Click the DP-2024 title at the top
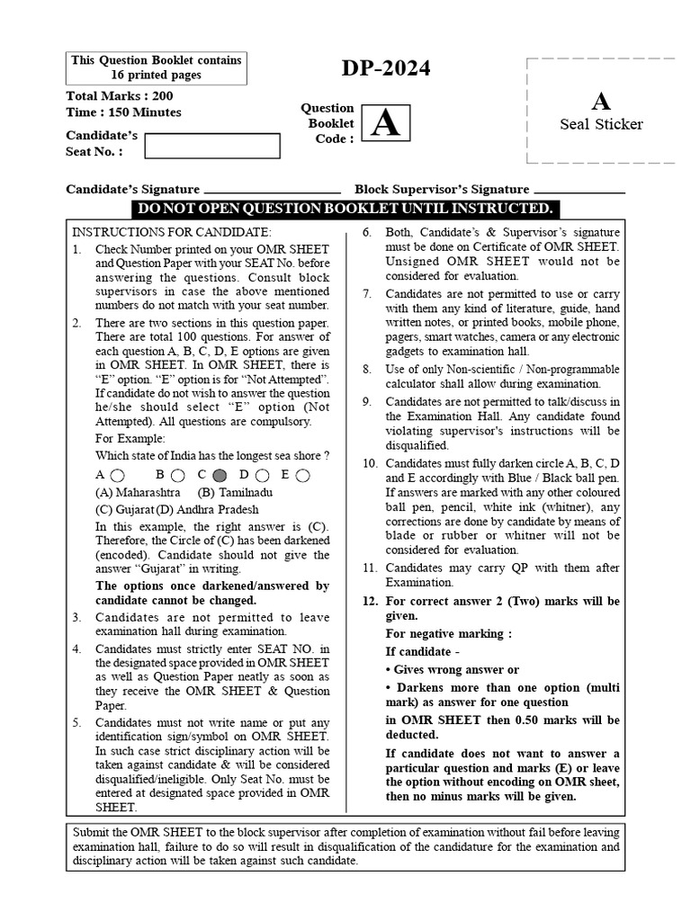[x=386, y=69]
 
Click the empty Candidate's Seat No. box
[x=197, y=146]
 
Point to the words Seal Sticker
[x=601, y=124]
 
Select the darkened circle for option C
[x=220, y=475]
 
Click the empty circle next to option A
[x=119, y=475]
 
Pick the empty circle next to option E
[x=302, y=475]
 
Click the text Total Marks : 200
[x=120, y=96]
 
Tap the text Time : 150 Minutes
[x=123, y=112]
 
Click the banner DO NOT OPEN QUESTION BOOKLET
[x=345, y=210]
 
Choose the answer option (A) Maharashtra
[x=138, y=493]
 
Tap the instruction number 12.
[x=370, y=601]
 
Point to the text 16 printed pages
[x=157, y=76]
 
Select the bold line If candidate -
[x=423, y=652]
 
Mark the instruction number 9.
[x=368, y=401]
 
